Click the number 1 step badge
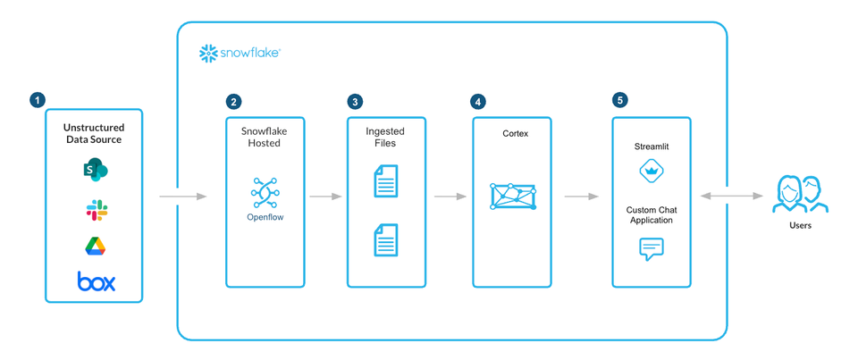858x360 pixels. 37,100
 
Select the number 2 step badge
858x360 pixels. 233,102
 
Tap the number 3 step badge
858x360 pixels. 356,102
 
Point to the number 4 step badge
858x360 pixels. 479,102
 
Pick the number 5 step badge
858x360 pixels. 619,100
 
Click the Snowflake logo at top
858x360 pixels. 240,53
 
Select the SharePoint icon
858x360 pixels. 96,170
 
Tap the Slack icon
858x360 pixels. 96,210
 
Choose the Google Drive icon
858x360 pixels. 96,247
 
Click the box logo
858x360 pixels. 96,281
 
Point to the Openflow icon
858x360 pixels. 265,193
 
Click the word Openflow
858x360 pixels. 265,216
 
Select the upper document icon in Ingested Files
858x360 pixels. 385,181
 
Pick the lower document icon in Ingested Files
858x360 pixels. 385,239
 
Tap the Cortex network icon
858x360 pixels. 513,197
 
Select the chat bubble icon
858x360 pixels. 652,248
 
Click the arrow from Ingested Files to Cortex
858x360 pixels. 450,196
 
